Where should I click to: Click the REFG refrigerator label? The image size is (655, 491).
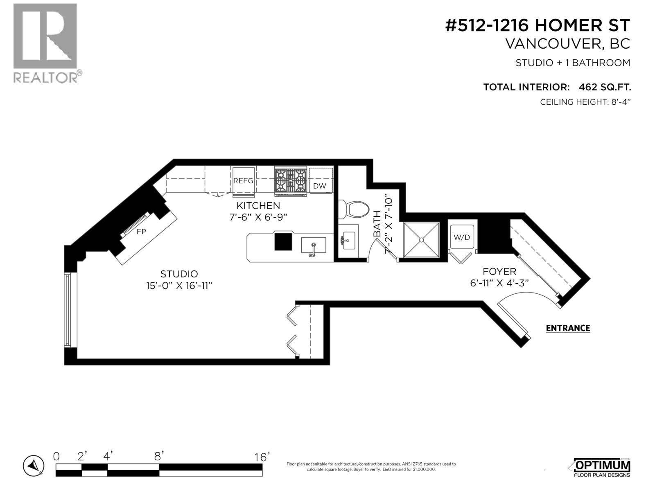coord(243,181)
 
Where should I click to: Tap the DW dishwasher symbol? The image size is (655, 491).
coord(320,186)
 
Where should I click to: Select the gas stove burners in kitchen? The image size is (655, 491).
coord(291,180)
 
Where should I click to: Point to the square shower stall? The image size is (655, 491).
coord(421,240)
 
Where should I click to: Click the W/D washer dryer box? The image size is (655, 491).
coord(462,237)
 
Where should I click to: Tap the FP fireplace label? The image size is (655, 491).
coord(141,232)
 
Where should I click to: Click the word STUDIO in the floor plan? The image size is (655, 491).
coord(179,274)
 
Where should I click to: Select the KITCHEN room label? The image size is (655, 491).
coord(258,205)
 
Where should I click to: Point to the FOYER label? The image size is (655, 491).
coord(499,271)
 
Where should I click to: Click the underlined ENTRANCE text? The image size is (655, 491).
coord(568,328)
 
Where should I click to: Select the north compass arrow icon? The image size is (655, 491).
coord(34,466)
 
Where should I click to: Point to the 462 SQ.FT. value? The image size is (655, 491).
coord(605,87)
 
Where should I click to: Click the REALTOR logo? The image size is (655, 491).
coord(45,43)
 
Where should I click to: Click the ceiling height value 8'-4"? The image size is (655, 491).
coord(619,102)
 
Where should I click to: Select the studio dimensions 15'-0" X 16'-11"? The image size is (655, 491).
coord(179,286)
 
